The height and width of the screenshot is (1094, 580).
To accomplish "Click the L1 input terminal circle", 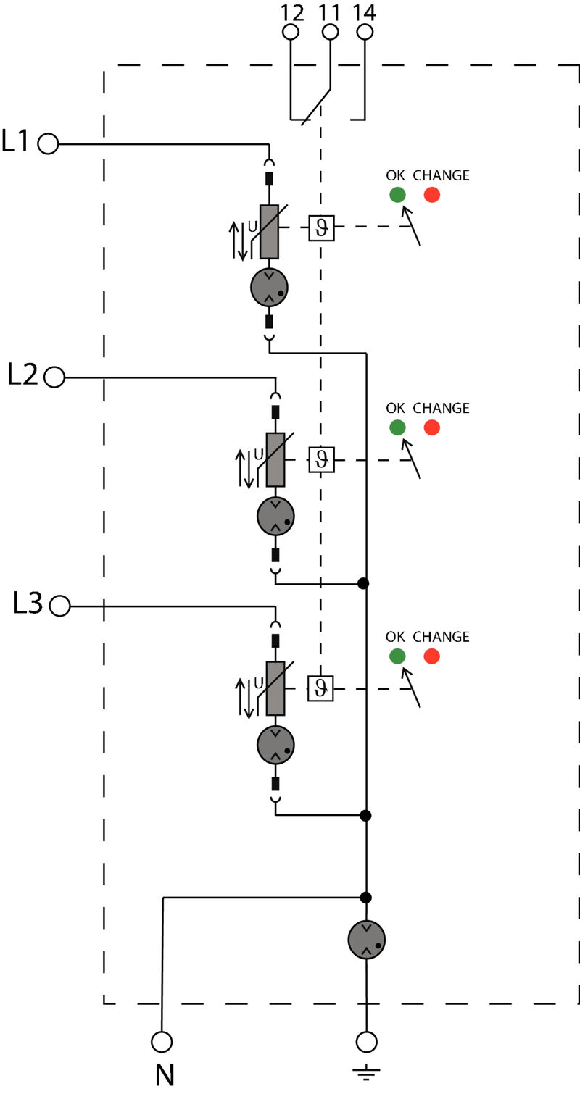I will tap(48, 144).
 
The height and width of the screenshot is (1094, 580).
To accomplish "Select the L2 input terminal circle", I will tap(54, 377).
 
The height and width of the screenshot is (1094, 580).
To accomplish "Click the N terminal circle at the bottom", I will tap(162, 1042).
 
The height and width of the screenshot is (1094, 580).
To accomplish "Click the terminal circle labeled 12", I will tap(290, 32).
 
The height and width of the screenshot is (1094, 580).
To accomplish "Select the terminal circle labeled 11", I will tap(330, 32).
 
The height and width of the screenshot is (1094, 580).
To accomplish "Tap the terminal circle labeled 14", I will tap(365, 32).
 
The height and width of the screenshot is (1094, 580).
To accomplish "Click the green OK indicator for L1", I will tap(397, 195).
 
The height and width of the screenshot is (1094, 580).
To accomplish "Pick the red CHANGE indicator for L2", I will tap(432, 427).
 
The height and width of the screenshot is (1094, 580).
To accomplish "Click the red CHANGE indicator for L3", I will tap(432, 656).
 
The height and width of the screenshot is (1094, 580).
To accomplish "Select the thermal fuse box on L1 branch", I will tap(321, 227).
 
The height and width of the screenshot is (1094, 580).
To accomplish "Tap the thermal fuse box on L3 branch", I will tap(320, 688).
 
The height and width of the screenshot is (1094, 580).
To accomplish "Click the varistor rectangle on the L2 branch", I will tap(275, 459).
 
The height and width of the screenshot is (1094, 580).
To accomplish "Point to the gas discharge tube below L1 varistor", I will tap(269, 286).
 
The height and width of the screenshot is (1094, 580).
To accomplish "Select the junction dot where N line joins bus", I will tap(366, 897).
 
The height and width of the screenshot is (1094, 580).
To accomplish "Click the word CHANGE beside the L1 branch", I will tap(441, 175).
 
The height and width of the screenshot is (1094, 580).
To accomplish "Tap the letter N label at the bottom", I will tap(165, 1074).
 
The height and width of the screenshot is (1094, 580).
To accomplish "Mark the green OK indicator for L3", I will tap(397, 656).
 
